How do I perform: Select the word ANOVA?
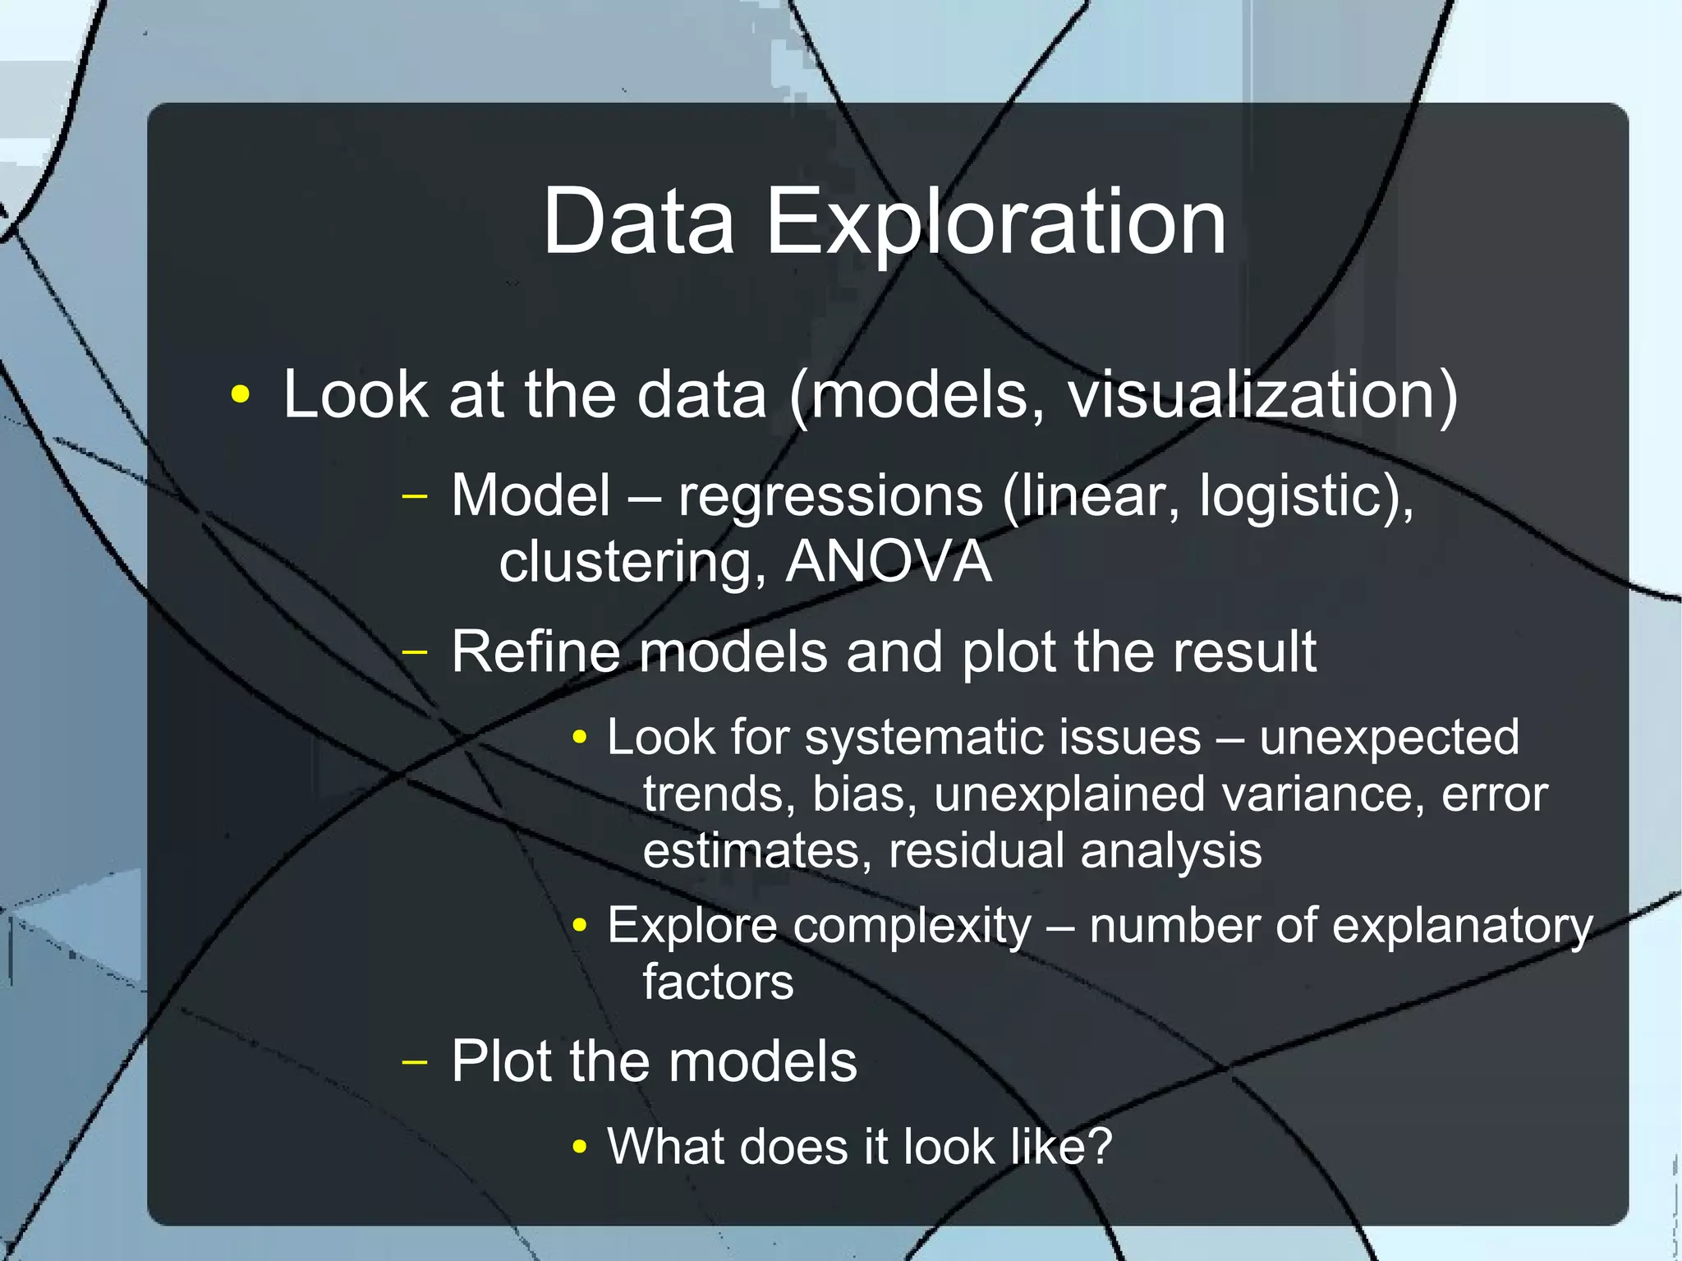coord(889,562)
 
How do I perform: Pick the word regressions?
coord(830,497)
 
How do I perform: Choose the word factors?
coord(718,982)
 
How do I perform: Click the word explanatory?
coord(1461,927)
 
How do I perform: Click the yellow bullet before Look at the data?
coord(240,395)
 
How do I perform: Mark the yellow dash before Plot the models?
coord(416,1061)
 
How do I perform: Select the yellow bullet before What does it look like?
coord(580,1147)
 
